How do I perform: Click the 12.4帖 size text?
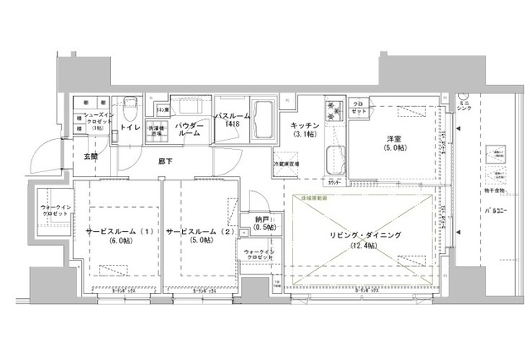point(365,246)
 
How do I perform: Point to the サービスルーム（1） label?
point(117,231)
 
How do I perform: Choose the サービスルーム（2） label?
point(201,231)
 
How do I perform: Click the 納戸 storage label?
point(265,220)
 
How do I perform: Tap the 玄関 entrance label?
point(89,156)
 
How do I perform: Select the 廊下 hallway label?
point(166,162)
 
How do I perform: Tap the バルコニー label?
point(494,212)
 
